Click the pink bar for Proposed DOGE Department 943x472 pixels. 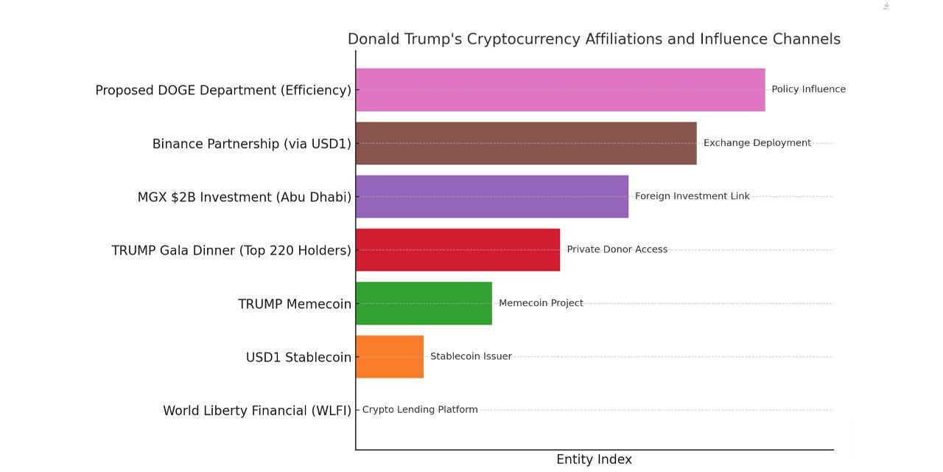point(560,90)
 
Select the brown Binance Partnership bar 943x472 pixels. point(526,143)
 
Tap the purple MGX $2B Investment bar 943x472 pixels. point(492,196)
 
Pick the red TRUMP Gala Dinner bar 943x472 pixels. point(458,250)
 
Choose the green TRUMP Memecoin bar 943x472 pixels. point(424,303)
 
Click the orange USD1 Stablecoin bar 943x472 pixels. point(390,357)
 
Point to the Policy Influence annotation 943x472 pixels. point(808,89)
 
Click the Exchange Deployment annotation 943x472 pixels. point(757,143)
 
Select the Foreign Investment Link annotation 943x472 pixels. point(692,196)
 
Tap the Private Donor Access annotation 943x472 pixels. point(617,249)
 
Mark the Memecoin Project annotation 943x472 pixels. point(541,303)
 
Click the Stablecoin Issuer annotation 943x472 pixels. point(471,356)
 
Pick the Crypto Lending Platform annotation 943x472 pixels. point(420,410)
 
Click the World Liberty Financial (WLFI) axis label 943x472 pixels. point(257,411)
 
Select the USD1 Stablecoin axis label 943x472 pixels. point(298,358)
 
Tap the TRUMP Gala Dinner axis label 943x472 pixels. point(231,251)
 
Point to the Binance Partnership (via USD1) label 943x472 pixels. point(251,144)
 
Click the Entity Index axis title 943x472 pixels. point(594,459)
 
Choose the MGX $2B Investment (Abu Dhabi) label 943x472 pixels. point(244,197)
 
